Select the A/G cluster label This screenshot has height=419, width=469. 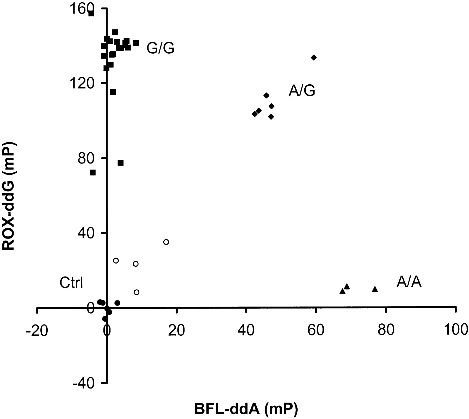(x=302, y=91)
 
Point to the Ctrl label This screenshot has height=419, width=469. (x=71, y=283)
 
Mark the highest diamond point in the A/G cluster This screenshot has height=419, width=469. (x=314, y=58)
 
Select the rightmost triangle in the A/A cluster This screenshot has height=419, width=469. (x=375, y=289)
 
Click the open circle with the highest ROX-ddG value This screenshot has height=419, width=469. (x=166, y=242)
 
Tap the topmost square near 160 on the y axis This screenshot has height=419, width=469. (x=91, y=14)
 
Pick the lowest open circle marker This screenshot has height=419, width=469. (x=137, y=292)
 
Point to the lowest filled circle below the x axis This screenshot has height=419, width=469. (x=105, y=319)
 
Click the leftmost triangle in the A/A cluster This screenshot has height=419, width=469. (x=342, y=291)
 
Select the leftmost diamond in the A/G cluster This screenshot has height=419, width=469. (x=255, y=114)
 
